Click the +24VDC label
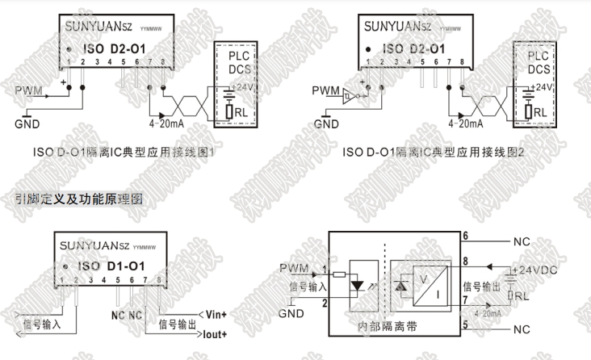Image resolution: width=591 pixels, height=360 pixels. point(536,268)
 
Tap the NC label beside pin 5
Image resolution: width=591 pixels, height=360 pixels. point(522,329)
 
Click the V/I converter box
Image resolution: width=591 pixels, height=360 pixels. point(430,286)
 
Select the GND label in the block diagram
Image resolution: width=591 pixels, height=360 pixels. point(288,312)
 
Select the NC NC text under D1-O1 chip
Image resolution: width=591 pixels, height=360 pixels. point(125,312)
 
